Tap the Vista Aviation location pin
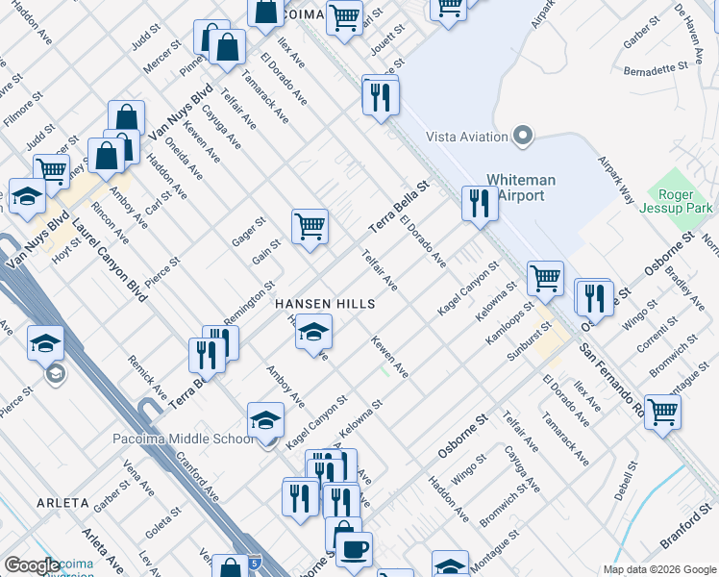coord(524,137)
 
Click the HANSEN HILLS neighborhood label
coord(324,302)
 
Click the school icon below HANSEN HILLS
coord(312,333)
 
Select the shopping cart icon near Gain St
coord(310,227)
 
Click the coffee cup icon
coord(355,549)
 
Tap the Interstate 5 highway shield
coord(251,560)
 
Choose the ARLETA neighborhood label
coord(62,503)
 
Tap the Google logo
coord(32,565)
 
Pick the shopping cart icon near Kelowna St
coord(545,277)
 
